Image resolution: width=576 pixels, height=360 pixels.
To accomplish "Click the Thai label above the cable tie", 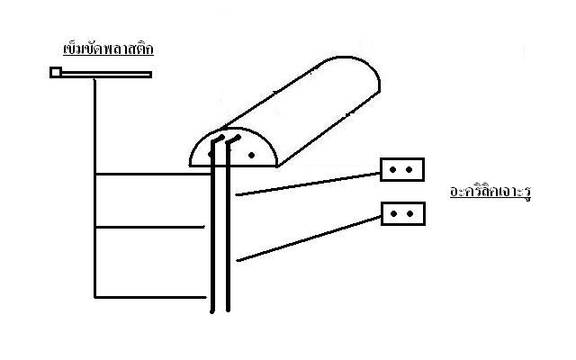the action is pyautogui.click(x=108, y=49).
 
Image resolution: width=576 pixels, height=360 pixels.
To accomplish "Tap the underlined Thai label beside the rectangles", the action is pyautogui.click(x=490, y=192).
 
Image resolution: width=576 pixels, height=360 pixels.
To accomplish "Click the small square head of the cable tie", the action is pyautogui.click(x=56, y=72).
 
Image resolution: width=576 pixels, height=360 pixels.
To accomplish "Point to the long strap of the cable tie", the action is pyautogui.click(x=106, y=75).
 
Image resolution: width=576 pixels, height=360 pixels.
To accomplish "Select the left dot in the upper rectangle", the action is pyautogui.click(x=392, y=170).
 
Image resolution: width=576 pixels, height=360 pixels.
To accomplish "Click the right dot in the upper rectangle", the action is pyautogui.click(x=409, y=170).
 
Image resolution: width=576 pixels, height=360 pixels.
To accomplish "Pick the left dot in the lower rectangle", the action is pyautogui.click(x=393, y=214).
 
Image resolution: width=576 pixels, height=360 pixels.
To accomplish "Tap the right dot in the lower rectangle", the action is pyautogui.click(x=410, y=214).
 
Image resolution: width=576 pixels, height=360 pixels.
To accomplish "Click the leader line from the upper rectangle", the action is pyautogui.click(x=308, y=184).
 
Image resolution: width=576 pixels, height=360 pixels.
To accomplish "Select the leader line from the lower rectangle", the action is pyautogui.click(x=309, y=238).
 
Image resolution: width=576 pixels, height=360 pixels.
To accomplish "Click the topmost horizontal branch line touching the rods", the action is pyautogui.click(x=153, y=174).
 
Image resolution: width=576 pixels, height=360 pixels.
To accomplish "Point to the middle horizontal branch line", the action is pyautogui.click(x=149, y=228).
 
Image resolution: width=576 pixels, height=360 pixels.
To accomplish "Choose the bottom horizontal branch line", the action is pyautogui.click(x=150, y=297).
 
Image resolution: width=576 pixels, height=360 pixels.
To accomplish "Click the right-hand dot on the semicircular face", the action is pyautogui.click(x=252, y=156).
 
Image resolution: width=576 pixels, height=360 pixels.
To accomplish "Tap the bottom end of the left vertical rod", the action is pyautogui.click(x=212, y=312).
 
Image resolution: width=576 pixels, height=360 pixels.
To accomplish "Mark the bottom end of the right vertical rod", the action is pyautogui.click(x=228, y=310).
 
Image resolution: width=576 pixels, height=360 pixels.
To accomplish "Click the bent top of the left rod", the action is pyautogui.click(x=218, y=139).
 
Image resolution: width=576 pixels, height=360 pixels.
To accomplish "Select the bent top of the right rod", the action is pyautogui.click(x=234, y=139).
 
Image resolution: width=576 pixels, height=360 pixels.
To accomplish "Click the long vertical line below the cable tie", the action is pyautogui.click(x=94, y=188).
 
